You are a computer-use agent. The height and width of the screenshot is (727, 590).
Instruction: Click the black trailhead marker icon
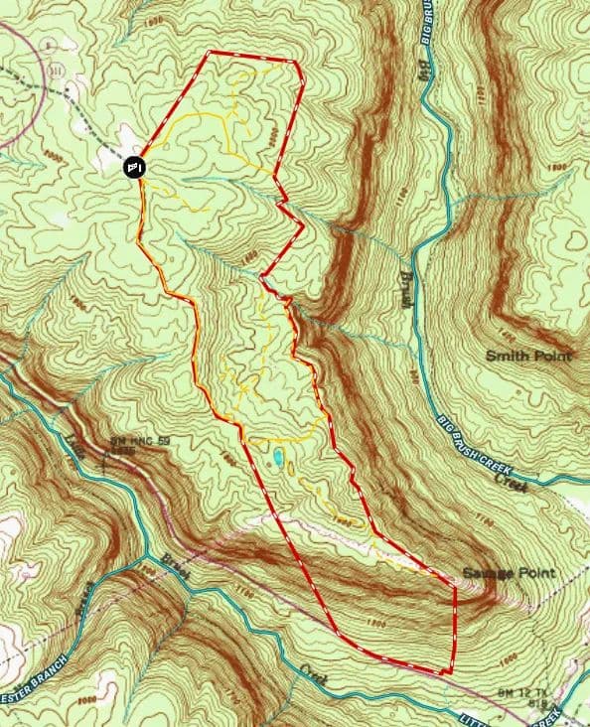(136, 168)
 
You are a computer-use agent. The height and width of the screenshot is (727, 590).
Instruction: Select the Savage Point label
(508, 574)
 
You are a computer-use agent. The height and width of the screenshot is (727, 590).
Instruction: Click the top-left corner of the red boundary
(208, 53)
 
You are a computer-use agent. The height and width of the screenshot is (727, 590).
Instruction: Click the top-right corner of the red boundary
(295, 62)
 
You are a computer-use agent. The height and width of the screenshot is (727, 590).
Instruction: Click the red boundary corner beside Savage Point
(455, 586)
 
